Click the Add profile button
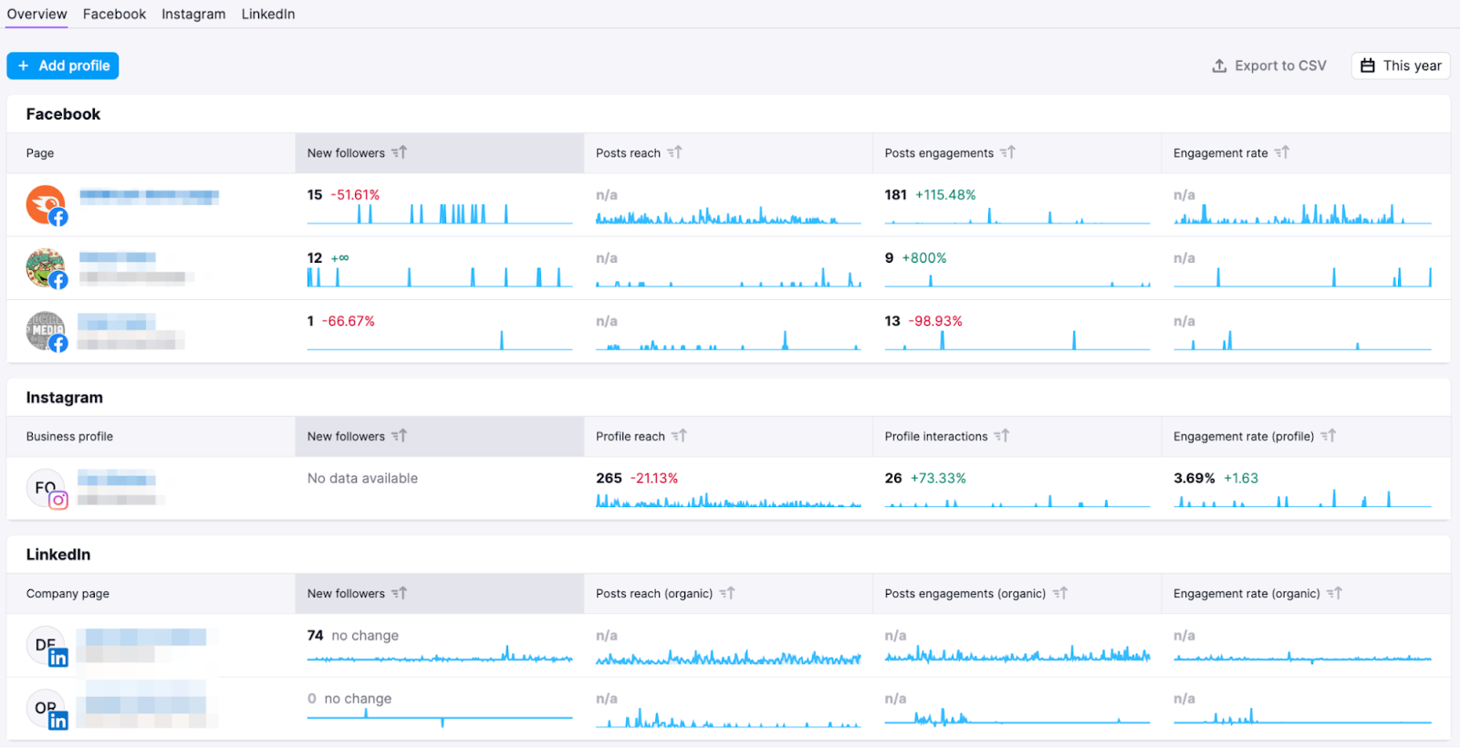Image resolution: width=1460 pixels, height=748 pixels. (63, 66)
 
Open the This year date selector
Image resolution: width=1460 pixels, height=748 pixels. (1401, 66)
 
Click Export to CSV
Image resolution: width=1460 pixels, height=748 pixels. (1269, 66)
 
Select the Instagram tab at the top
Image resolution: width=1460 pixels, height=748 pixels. (193, 14)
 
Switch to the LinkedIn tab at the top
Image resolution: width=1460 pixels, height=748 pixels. (268, 14)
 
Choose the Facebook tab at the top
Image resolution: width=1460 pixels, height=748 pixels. (114, 14)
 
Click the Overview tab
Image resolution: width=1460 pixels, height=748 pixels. (36, 14)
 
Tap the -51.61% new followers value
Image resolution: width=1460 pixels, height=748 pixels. (355, 195)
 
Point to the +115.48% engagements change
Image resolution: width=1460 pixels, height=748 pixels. (945, 195)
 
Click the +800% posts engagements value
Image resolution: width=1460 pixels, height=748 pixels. (924, 258)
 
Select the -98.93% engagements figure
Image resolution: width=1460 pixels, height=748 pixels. (935, 321)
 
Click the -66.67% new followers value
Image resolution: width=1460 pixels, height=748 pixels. (349, 321)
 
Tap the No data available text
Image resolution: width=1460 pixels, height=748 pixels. (362, 478)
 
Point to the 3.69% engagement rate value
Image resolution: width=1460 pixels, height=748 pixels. (1194, 478)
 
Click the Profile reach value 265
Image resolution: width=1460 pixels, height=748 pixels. (609, 478)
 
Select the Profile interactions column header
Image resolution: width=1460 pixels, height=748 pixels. (936, 437)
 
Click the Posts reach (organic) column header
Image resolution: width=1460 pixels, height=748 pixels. (654, 594)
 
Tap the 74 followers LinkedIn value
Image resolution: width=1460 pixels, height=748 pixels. (316, 636)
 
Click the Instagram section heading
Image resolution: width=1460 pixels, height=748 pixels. (65, 398)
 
